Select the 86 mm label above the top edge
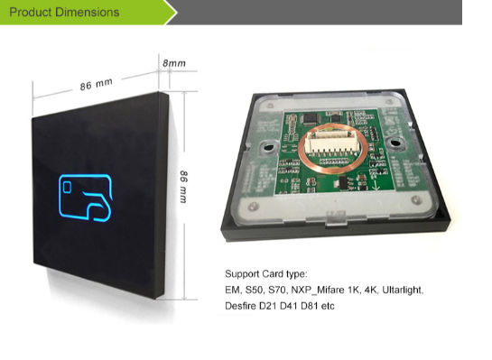(97, 82)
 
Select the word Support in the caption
(242, 273)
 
